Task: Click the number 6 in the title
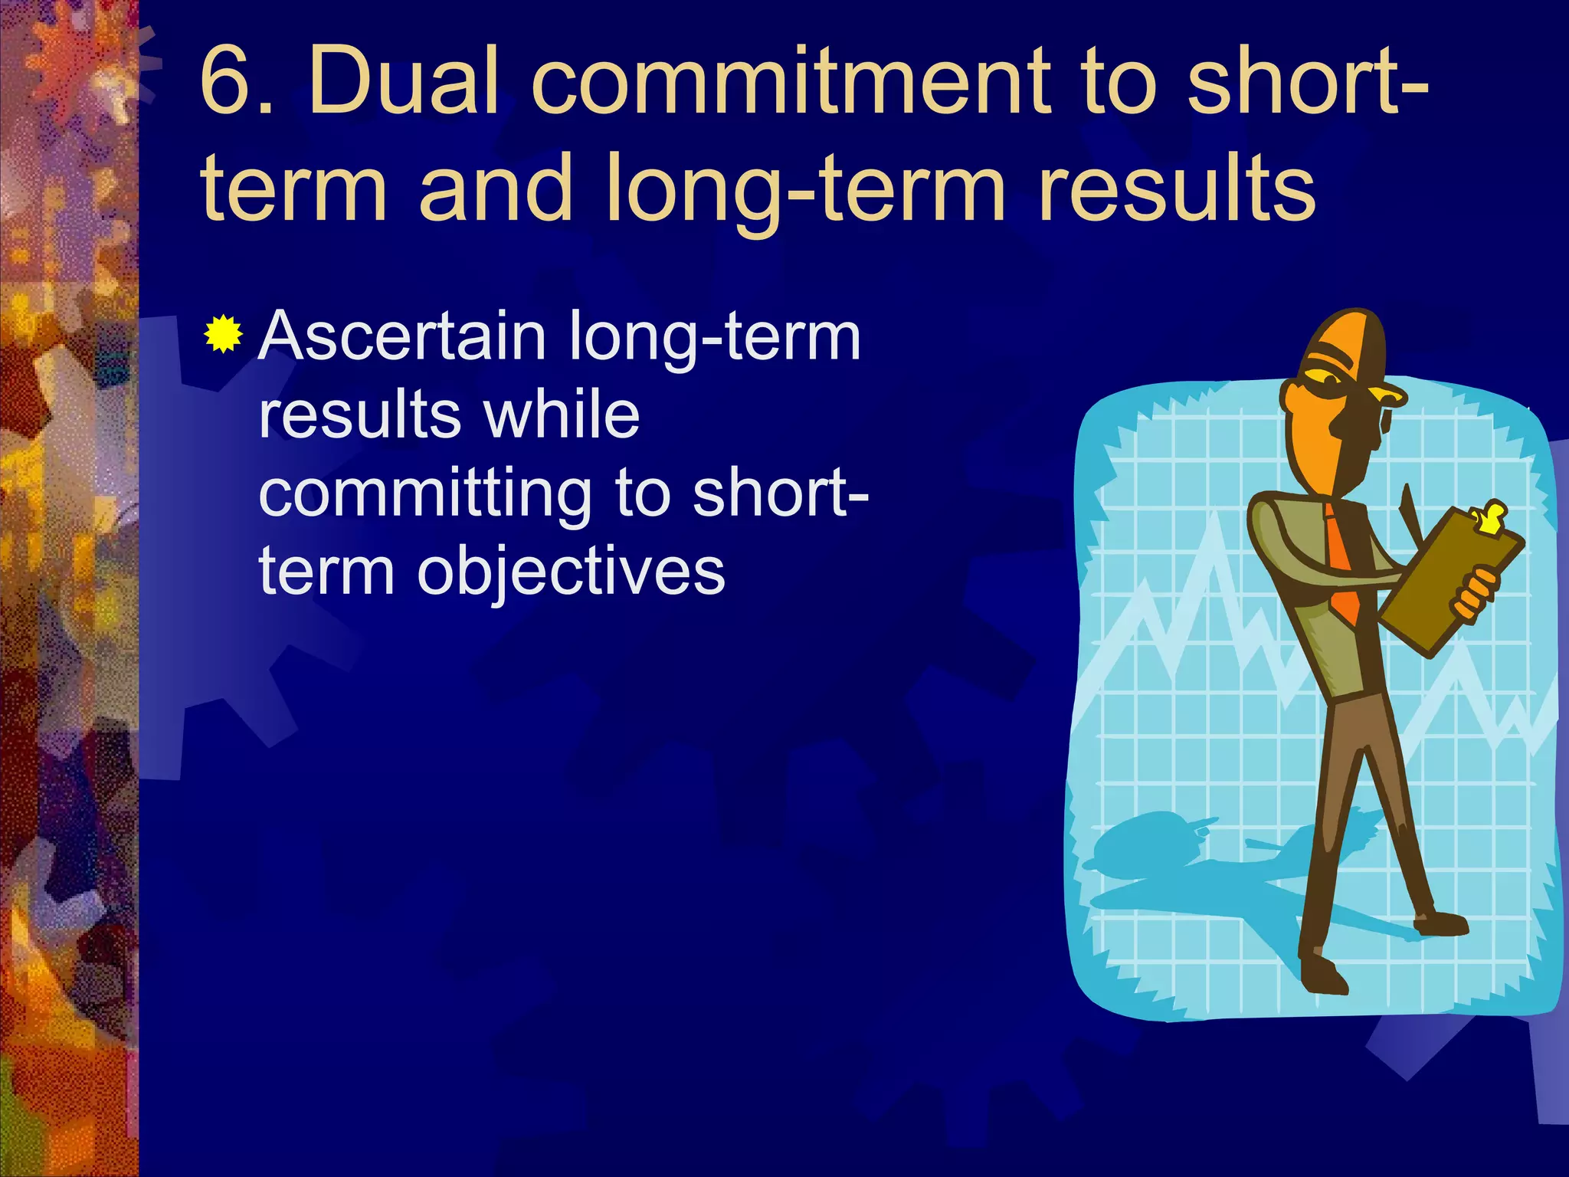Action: (x=226, y=81)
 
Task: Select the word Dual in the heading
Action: (x=403, y=81)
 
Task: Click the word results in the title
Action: (x=1177, y=189)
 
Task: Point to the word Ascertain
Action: (x=402, y=337)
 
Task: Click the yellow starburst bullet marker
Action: (x=224, y=335)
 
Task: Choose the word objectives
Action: (x=570, y=573)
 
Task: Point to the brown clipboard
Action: (x=1448, y=582)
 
